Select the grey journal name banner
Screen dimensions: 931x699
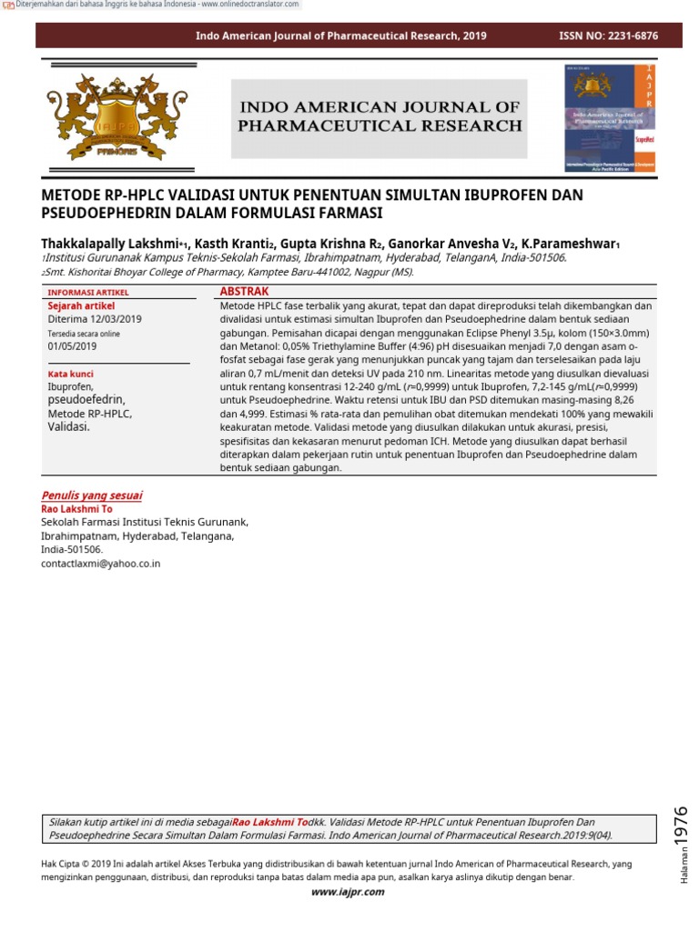click(x=380, y=117)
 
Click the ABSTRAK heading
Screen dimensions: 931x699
click(x=245, y=291)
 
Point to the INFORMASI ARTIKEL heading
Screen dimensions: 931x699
click(x=88, y=293)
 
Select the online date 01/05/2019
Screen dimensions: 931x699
click(x=72, y=346)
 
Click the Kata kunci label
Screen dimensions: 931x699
click(x=70, y=374)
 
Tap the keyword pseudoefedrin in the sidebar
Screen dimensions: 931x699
click(x=86, y=400)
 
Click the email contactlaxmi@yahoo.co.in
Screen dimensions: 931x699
click(x=101, y=564)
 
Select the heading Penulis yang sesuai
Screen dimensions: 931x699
click(x=92, y=496)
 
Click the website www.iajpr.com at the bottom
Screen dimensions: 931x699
click(x=348, y=892)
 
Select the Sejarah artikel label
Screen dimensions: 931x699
click(x=81, y=306)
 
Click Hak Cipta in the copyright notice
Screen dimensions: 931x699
click(x=63, y=864)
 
